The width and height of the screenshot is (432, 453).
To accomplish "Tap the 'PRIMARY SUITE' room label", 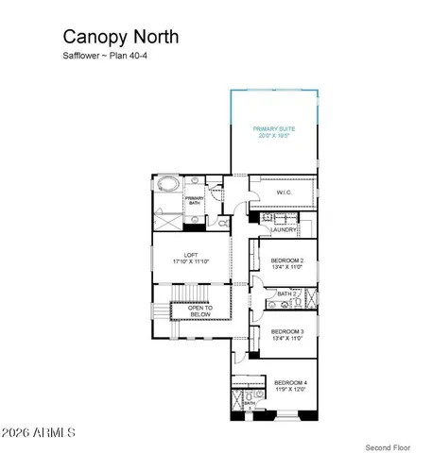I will tap(274, 128).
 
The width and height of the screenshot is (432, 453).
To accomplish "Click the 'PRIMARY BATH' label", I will tap(195, 199).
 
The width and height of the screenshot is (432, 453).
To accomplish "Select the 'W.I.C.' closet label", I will tap(284, 193).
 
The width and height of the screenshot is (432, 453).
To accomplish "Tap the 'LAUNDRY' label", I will tap(284, 229).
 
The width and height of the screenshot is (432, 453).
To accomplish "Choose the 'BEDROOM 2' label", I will tap(286, 260).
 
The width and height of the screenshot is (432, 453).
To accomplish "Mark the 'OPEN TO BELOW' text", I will tap(200, 310).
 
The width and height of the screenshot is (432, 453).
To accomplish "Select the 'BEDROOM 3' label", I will tap(286, 331).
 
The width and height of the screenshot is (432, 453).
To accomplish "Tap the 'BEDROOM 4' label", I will tap(289, 382).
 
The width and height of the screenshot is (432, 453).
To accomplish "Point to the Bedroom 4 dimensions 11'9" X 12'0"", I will tap(289, 390).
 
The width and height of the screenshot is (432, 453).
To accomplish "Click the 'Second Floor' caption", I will tap(388, 445).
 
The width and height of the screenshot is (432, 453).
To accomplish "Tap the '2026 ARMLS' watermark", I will tap(40, 432).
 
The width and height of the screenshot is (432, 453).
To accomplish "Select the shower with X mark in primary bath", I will tap(167, 221).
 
